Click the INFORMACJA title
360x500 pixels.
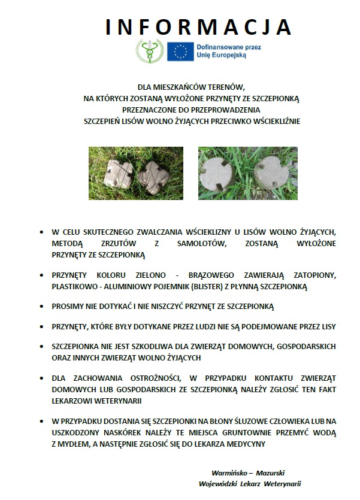pos(198,27)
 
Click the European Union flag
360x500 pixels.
pos(180,51)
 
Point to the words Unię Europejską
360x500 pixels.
pos(221,55)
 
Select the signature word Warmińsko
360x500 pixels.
pos(229,471)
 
